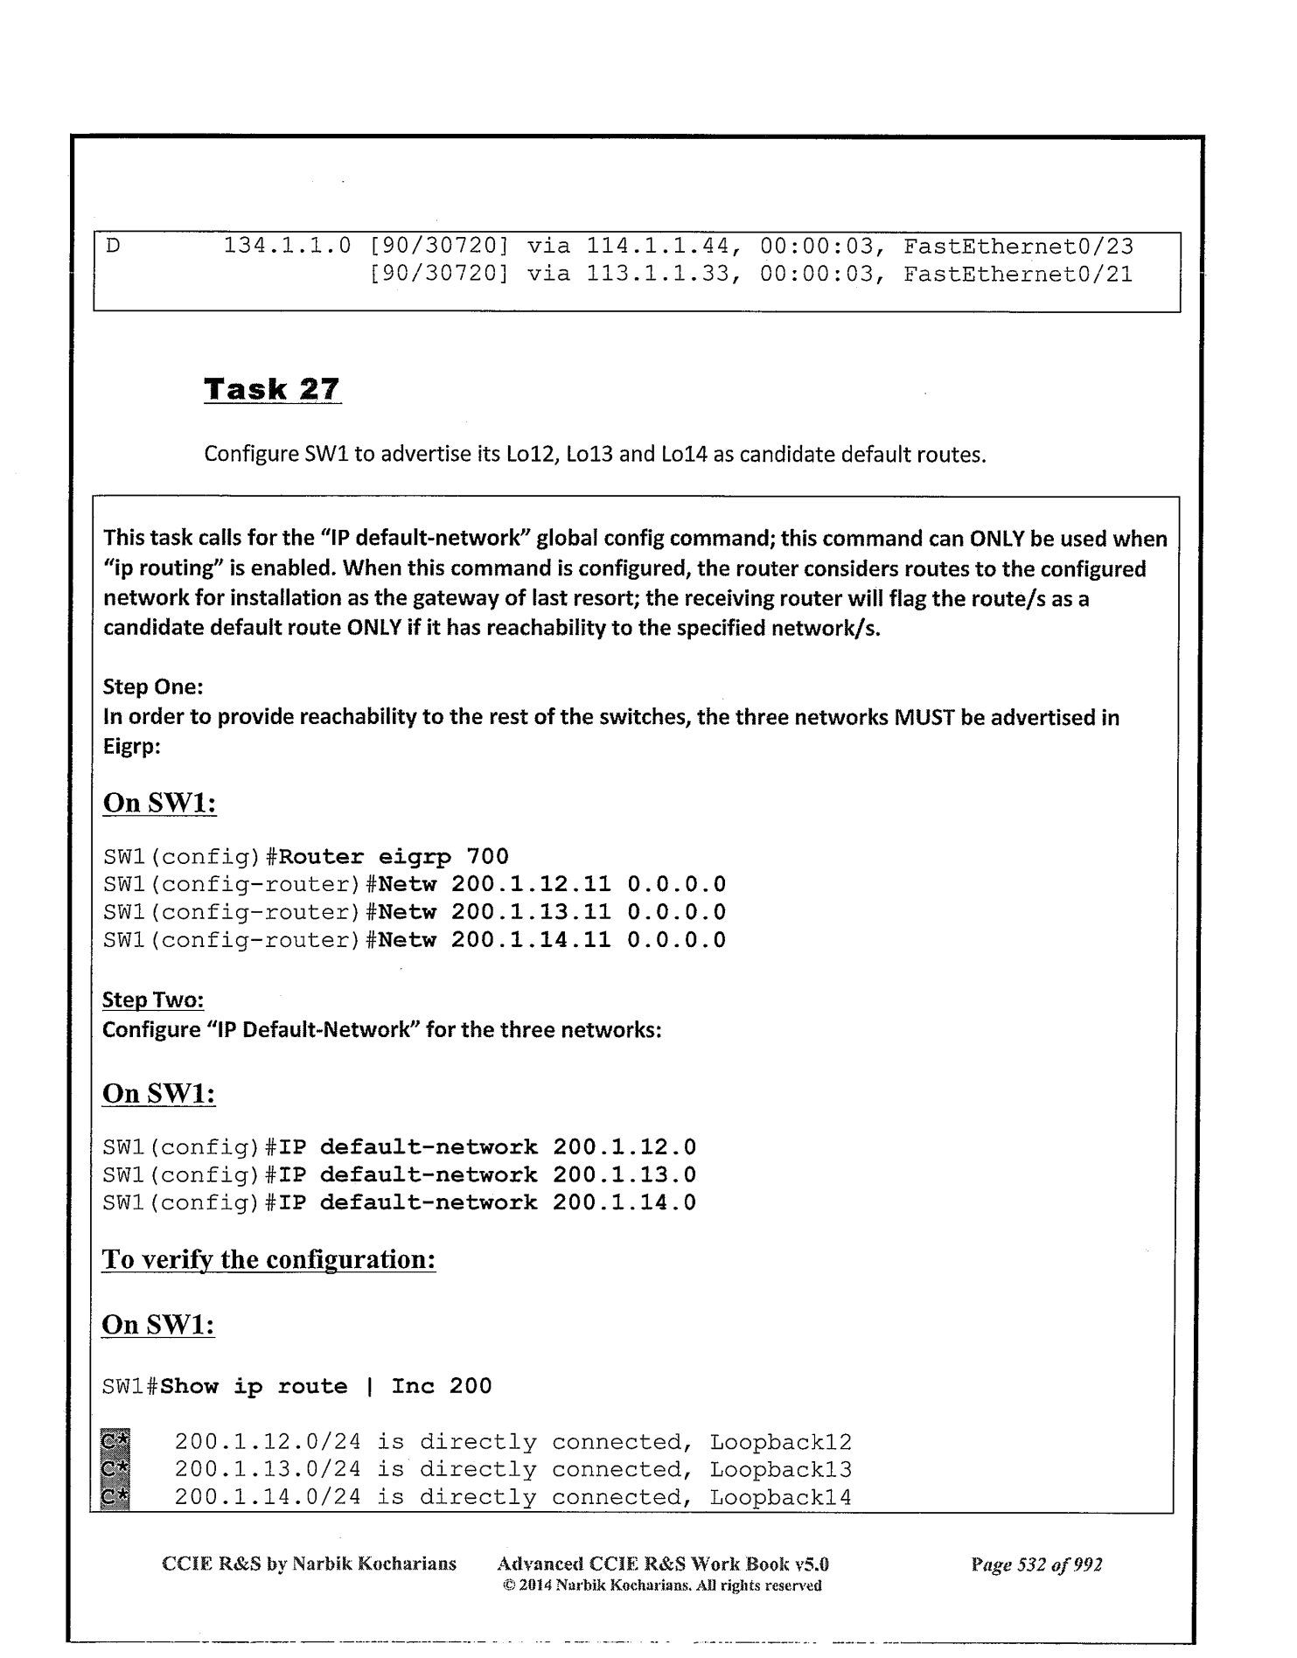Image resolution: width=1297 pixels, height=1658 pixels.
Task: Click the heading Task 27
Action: pos(272,388)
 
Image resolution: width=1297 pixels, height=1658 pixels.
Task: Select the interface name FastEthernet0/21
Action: pos(1017,275)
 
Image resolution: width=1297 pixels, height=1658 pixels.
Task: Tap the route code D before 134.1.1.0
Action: pos(112,247)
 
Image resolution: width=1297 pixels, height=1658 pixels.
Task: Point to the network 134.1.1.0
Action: pos(287,247)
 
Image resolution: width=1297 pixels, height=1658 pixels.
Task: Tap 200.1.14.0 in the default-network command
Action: pos(624,1202)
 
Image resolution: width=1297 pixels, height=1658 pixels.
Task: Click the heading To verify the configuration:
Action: pos(268,1260)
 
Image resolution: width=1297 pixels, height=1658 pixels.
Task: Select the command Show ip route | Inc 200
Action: pos(326,1386)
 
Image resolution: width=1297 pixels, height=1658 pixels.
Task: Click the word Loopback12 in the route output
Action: pos(780,1442)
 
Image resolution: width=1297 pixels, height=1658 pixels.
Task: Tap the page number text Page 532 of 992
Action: pos(1036,1564)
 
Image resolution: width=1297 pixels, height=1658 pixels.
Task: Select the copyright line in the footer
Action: pos(662,1585)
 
